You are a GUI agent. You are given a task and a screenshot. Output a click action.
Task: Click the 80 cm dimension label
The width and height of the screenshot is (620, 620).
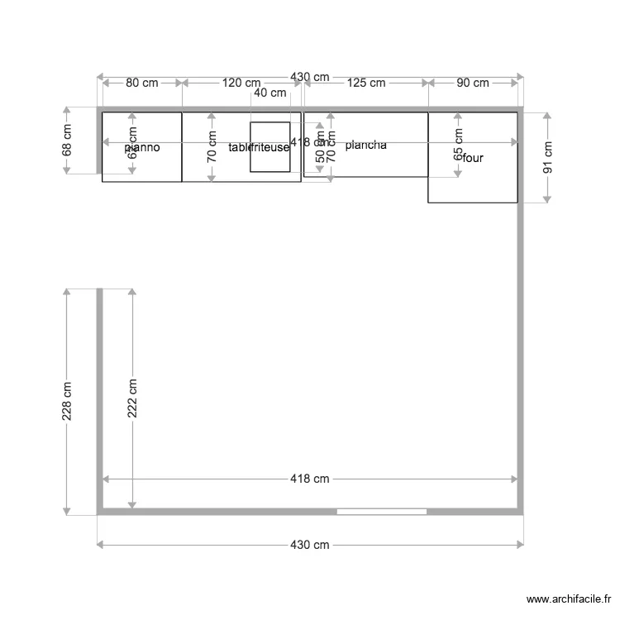click(142, 83)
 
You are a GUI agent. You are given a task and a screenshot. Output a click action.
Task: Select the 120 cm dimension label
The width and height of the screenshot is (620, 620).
click(241, 83)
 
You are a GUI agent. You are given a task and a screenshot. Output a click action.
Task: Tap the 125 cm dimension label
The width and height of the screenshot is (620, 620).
click(365, 83)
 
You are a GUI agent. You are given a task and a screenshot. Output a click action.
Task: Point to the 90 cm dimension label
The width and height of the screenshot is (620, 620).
click(473, 83)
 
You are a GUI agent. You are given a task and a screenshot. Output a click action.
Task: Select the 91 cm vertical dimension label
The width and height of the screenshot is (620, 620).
click(547, 156)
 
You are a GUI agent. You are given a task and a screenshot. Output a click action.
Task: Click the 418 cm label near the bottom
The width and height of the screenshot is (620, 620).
click(309, 479)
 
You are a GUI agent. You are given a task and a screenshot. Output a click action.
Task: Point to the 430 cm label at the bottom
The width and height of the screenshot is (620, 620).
click(309, 545)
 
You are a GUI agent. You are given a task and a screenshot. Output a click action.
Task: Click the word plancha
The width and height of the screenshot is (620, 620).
click(366, 145)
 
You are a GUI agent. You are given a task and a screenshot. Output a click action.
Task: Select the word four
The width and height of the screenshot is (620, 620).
click(473, 158)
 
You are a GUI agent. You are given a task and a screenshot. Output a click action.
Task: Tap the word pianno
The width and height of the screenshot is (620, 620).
click(142, 148)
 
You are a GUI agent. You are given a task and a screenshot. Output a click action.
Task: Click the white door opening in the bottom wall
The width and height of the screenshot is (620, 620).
click(382, 512)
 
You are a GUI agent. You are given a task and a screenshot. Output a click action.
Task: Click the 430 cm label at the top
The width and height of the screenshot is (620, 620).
click(309, 77)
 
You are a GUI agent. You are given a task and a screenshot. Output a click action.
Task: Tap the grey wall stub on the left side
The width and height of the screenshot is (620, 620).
click(99, 380)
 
